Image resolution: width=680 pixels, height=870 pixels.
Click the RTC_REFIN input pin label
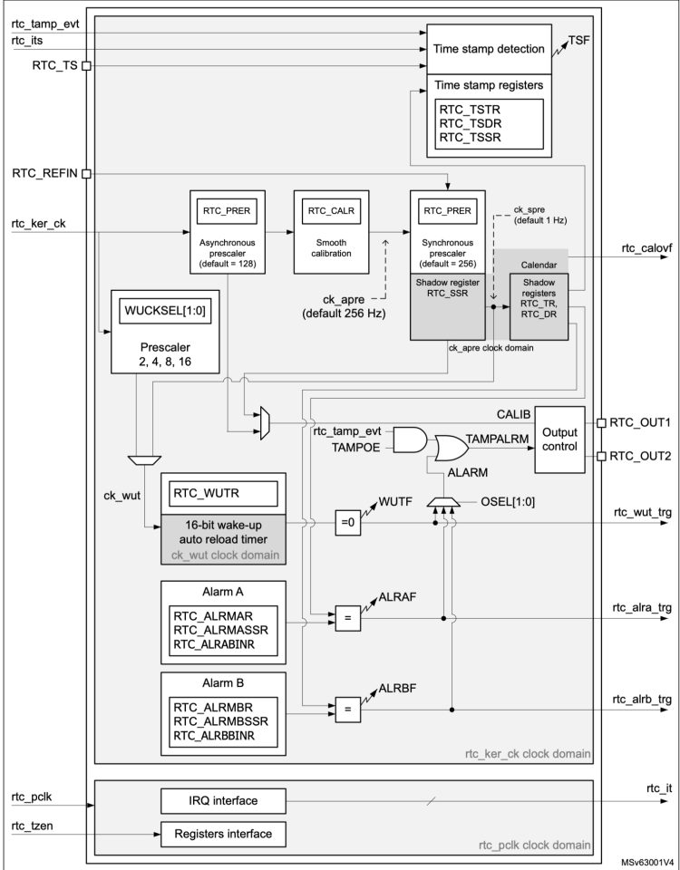coord(43,172)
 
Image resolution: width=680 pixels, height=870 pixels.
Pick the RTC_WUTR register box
coord(223,495)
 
